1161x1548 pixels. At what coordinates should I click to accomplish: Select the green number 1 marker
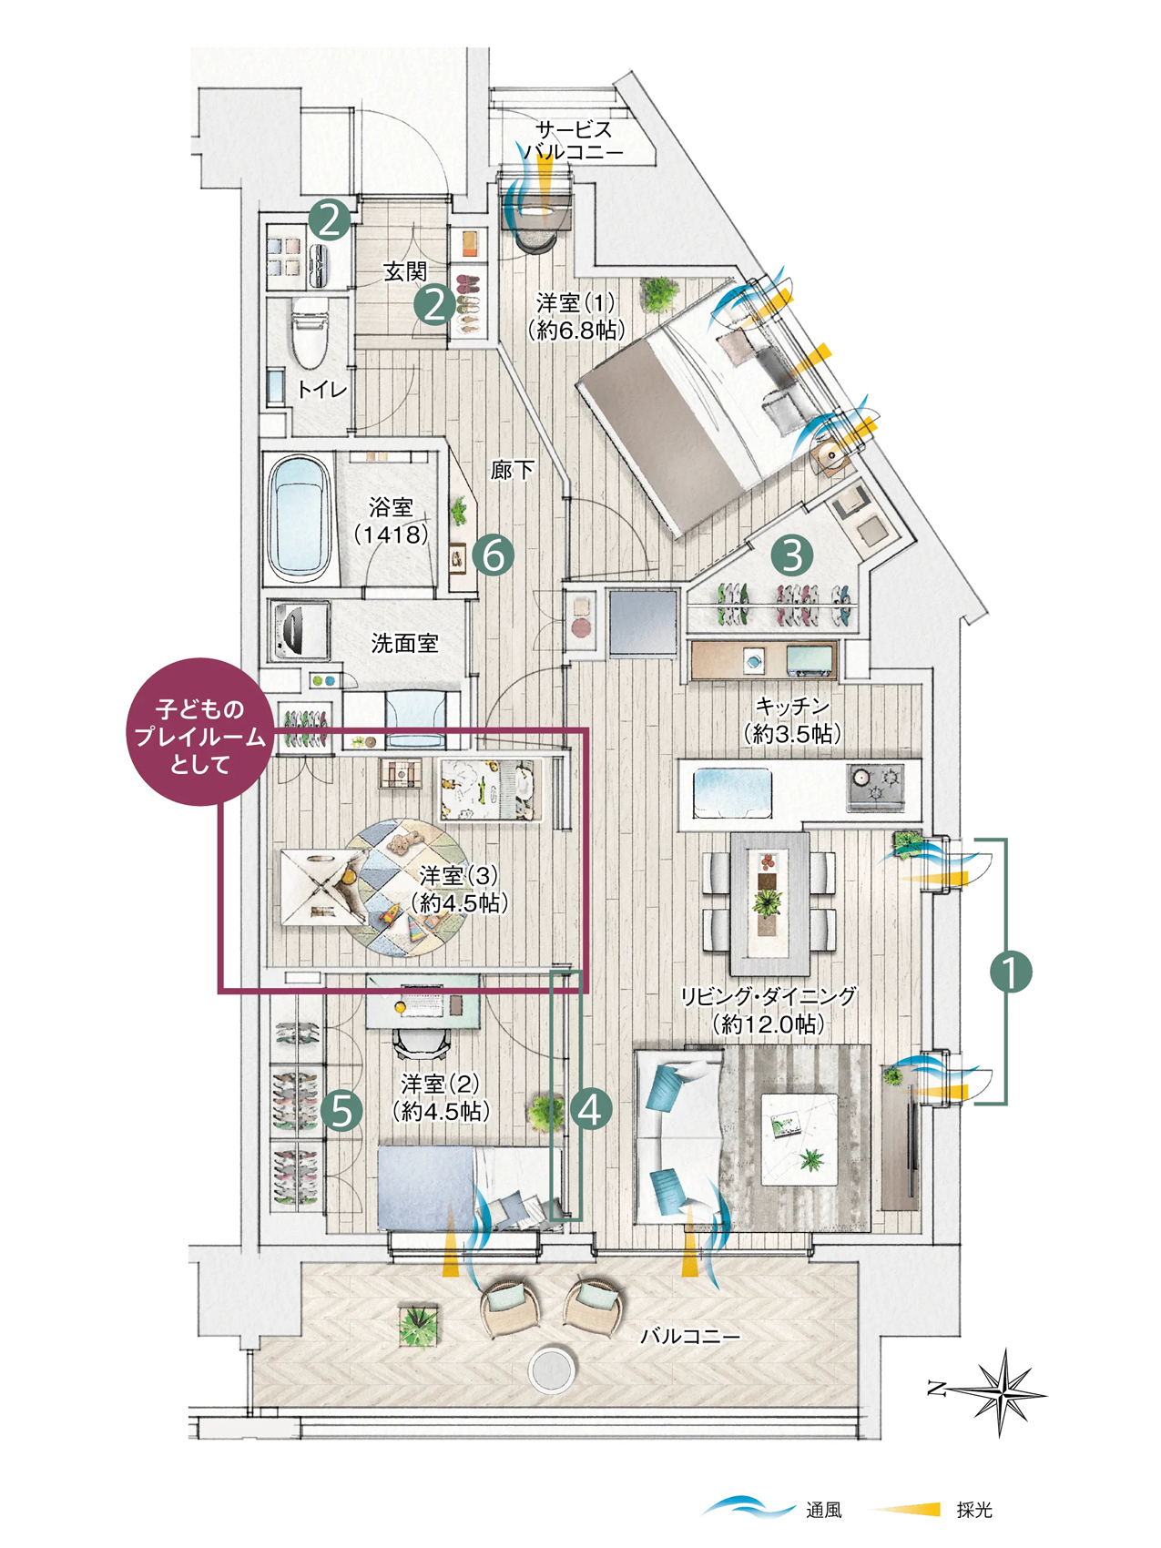(1011, 972)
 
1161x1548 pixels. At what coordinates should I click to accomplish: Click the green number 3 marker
(792, 555)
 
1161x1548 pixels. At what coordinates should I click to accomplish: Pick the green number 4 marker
(591, 1110)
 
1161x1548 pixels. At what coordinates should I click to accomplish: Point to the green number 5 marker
(341, 1110)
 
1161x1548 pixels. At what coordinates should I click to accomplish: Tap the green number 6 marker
(494, 555)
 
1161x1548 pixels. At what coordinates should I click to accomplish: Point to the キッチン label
(792, 706)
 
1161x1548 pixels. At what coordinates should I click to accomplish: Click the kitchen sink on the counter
(733, 792)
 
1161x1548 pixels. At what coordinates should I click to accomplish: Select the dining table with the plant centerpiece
(770, 903)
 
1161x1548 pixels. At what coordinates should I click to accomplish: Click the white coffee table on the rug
(799, 1138)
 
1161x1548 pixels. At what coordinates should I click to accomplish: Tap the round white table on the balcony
(552, 1368)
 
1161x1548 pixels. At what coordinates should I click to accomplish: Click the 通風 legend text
(824, 1511)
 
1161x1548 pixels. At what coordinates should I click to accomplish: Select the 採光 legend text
(974, 1511)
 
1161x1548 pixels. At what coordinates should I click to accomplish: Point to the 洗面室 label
(404, 644)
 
